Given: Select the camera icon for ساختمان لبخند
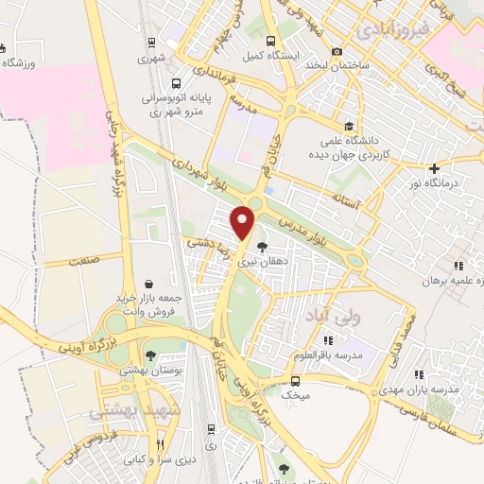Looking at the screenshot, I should pyautogui.click(x=337, y=50).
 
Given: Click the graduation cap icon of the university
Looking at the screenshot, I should pyautogui.click(x=349, y=126).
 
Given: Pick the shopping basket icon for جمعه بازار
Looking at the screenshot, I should pyautogui.click(x=149, y=283).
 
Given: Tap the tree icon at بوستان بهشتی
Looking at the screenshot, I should pyautogui.click(x=150, y=355).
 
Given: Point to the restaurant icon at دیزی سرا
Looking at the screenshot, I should pyautogui.click(x=160, y=444).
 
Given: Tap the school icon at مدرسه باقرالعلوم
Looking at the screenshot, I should pyautogui.click(x=328, y=340).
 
